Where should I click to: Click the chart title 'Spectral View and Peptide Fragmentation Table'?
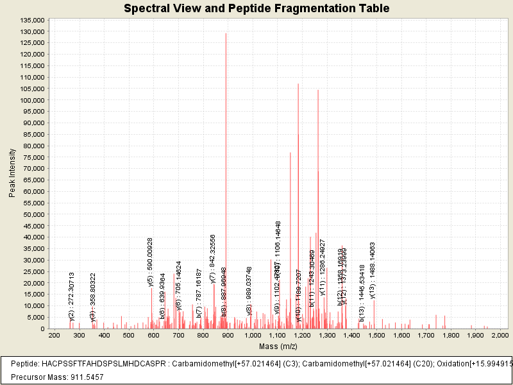[256, 8]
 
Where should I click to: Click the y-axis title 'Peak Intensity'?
[12, 173]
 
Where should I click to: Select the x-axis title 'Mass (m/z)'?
[278, 346]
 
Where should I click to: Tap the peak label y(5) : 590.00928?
[151, 261]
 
